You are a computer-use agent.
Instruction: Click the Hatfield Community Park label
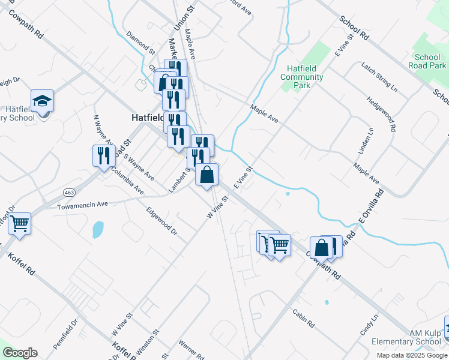[x=302, y=77]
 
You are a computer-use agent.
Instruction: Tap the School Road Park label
[x=427, y=61]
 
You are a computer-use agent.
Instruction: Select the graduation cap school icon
[x=43, y=100]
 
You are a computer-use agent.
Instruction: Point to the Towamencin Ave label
[x=82, y=205]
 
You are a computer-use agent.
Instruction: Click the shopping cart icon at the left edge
[x=20, y=224]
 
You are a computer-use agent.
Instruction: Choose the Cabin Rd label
[x=303, y=318]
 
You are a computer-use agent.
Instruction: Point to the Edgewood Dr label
[x=162, y=221]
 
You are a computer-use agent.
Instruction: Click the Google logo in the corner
[x=20, y=353]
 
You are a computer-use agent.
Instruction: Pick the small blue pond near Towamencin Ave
[x=98, y=229]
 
